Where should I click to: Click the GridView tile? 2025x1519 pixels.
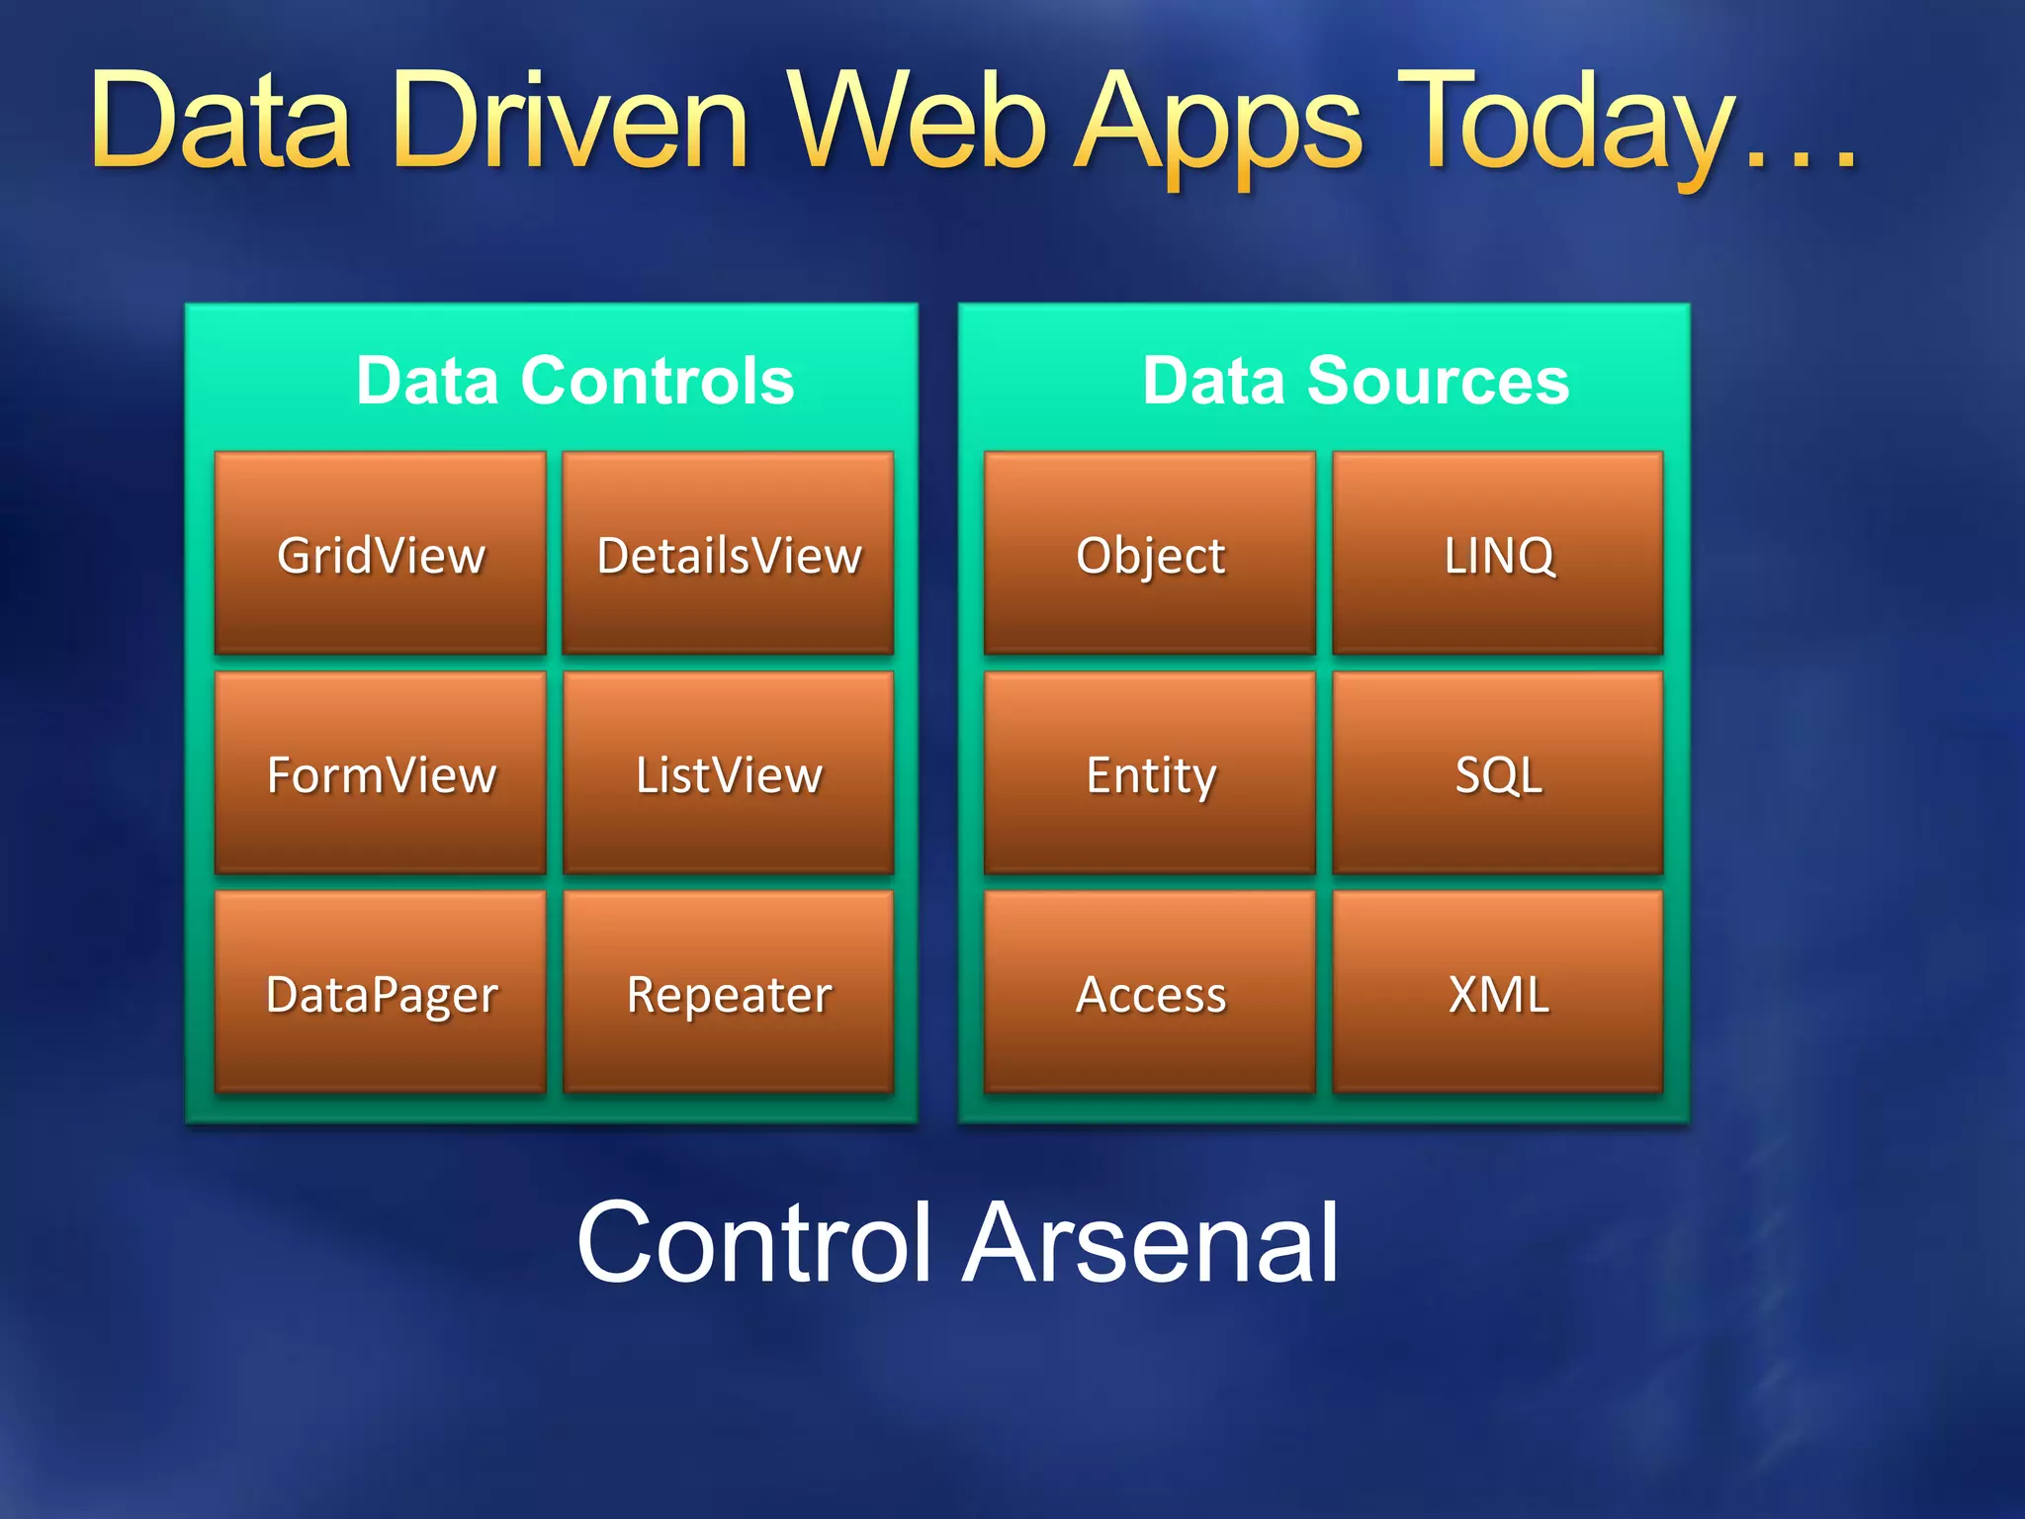coord(381,554)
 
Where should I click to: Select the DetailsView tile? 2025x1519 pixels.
coord(729,554)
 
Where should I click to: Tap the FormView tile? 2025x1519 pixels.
coord(381,774)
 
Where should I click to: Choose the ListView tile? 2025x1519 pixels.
coord(729,774)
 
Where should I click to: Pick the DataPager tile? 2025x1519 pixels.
coord(381,994)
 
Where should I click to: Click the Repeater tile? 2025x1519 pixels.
coord(729,994)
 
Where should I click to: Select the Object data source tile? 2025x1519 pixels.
coord(1150,554)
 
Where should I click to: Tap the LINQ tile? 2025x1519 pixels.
coord(1498,554)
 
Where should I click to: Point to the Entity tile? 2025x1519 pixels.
coord(1150,774)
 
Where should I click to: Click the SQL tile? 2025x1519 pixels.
coord(1498,774)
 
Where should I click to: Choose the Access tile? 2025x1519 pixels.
coord(1150,994)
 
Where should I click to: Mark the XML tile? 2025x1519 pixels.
coord(1498,994)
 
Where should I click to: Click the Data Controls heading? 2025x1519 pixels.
coord(575,381)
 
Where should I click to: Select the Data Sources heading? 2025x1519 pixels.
coord(1356,381)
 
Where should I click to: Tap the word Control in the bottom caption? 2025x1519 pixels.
coord(754,1243)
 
